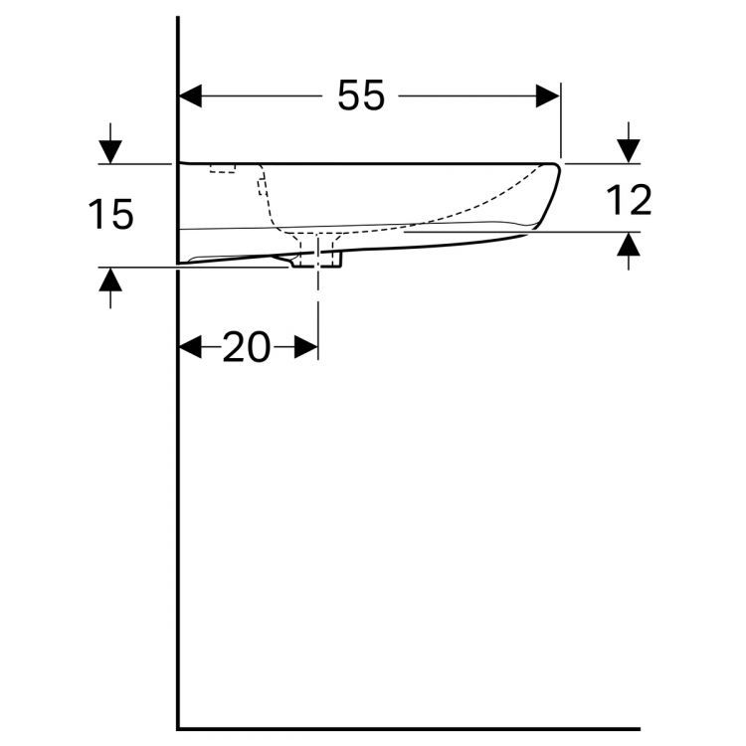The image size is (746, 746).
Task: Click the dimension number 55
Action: pos(360,95)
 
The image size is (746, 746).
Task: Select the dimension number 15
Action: pos(110,215)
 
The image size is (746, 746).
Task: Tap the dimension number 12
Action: pos(628,201)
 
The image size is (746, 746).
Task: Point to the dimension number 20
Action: pos(247,347)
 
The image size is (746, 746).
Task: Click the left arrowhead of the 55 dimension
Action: pos(190,95)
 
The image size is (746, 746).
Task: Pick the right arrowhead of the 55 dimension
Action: pos(549,95)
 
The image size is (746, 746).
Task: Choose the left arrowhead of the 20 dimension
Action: pos(189,347)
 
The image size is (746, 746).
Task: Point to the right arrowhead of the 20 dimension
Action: pos(307,347)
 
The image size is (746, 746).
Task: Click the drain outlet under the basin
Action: pos(317,261)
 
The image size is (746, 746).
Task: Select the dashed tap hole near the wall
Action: pos(223,169)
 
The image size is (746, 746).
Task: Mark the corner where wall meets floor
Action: pos(178,728)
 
